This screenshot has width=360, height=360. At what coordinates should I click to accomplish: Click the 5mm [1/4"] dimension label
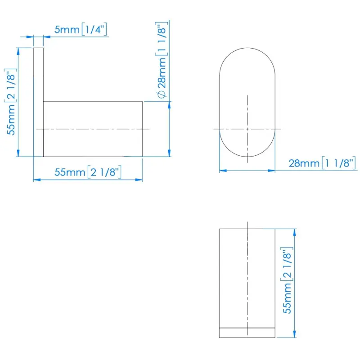[81, 29]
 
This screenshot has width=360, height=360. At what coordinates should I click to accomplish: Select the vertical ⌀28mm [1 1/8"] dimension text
[162, 60]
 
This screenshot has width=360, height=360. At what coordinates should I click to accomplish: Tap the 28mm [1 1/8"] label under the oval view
[322, 163]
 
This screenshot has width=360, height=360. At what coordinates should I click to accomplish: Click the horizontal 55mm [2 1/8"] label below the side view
[88, 172]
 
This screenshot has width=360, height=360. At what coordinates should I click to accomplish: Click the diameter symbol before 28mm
[162, 94]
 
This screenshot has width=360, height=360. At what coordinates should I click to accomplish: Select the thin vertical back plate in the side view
[38, 102]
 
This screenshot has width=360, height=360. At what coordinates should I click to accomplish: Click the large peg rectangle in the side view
[93, 129]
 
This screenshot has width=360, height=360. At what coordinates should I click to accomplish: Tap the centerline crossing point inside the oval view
[247, 129]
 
